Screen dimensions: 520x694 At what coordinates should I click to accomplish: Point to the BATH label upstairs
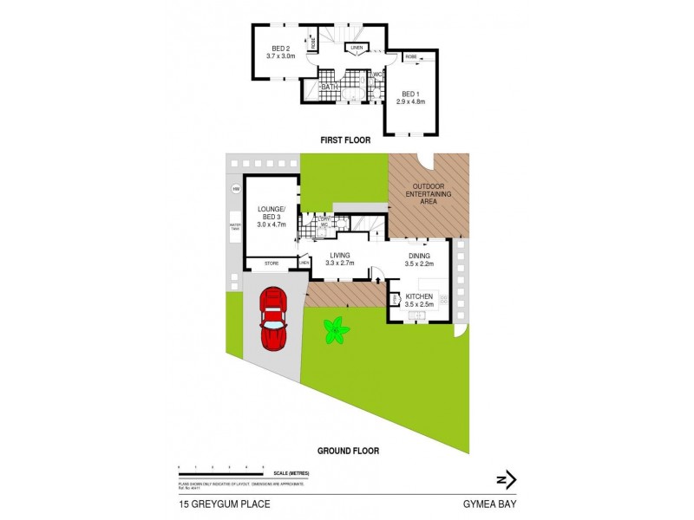tap(330, 87)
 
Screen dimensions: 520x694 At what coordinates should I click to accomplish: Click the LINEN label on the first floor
tap(356, 47)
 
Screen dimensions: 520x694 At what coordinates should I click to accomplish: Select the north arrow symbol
tap(507, 479)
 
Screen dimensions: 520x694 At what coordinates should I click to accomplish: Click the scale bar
tap(220, 472)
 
